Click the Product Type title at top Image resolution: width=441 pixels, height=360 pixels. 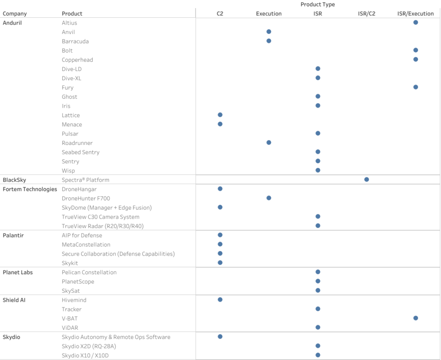coord(317,4)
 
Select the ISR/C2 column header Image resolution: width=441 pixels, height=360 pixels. coord(366,14)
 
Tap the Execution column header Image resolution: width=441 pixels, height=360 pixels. coord(269,14)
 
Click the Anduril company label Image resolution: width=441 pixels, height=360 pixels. coord(12,23)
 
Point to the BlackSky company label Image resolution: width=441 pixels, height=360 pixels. coord(14,180)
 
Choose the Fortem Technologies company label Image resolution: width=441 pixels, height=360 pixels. coord(30,189)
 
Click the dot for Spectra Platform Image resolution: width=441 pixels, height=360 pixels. coord(366,179)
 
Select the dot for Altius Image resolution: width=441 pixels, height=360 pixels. coord(416,22)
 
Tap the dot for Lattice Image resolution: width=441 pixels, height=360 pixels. coord(220,115)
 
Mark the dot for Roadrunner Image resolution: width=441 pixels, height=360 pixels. coord(269,142)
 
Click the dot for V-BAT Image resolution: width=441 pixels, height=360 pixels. coord(416,318)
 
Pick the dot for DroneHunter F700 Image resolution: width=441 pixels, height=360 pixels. coord(269,198)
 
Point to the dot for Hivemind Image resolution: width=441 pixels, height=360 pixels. coord(220,300)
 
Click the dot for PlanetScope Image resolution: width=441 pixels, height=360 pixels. coord(318,281)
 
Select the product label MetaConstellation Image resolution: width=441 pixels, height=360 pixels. coord(86,245)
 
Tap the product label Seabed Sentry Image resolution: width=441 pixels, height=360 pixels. coord(81,152)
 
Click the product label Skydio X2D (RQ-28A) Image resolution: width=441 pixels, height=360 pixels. coord(89,346)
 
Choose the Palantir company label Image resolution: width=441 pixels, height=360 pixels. coord(13,235)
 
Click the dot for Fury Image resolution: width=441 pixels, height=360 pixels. coord(416,87)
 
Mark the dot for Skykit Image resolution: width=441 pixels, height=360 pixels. coord(220,263)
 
